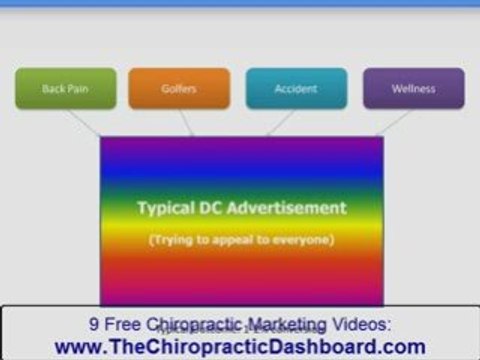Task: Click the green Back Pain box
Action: pyautogui.click(x=66, y=88)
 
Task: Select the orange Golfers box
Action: pyautogui.click(x=179, y=88)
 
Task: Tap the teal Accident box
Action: pyautogui.click(x=296, y=88)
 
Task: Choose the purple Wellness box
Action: pyautogui.click(x=413, y=88)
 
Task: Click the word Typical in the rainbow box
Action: pyautogui.click(x=167, y=208)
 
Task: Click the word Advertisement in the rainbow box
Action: pyautogui.click(x=290, y=208)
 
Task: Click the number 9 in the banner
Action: pyautogui.click(x=95, y=323)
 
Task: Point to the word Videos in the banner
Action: pyautogui.click(x=360, y=323)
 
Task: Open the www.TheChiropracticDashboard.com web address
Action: pyautogui.click(x=240, y=346)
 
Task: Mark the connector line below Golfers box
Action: pyautogui.click(x=187, y=123)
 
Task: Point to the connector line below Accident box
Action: pyautogui.click(x=282, y=123)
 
